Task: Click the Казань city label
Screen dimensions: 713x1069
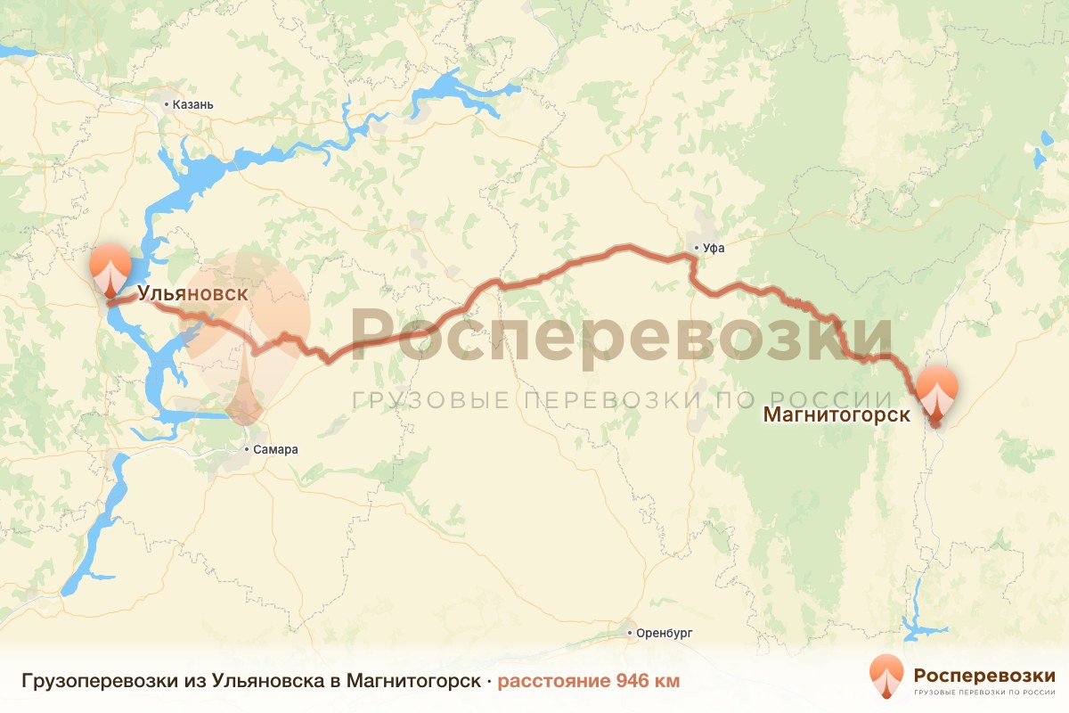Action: pos(193,104)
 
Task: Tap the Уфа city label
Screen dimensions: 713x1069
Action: pos(714,249)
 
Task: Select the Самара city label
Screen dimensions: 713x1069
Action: pos(276,450)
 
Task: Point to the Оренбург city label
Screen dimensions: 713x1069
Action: pos(665,634)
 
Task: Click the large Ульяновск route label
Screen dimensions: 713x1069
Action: pos(192,293)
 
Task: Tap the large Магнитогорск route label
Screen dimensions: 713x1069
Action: pos(836,414)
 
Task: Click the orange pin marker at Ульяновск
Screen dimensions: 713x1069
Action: pos(110,267)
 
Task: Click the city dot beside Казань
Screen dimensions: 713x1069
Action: pos(167,104)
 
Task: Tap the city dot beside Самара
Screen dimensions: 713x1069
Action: pos(248,450)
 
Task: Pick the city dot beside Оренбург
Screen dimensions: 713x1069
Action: pos(631,634)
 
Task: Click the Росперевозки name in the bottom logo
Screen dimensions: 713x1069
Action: pos(984,674)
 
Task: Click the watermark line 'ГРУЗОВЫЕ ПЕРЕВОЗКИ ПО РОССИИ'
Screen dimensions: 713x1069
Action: pos(621,400)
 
